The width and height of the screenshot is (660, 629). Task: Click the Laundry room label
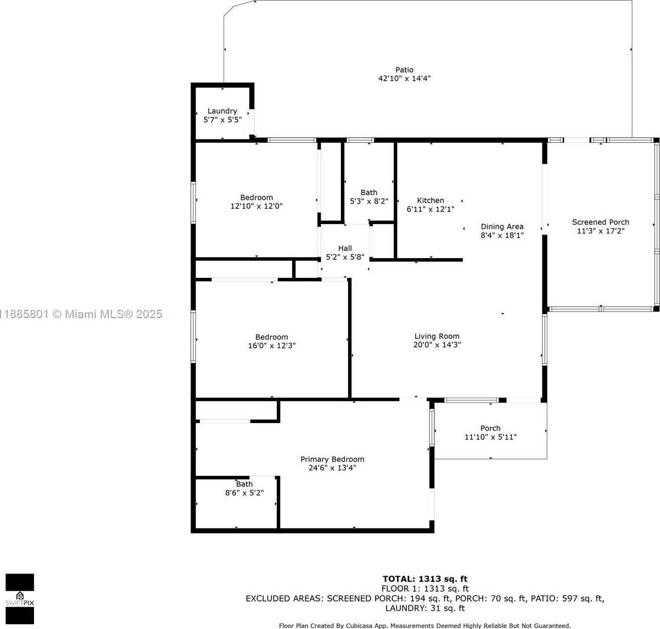point(222,111)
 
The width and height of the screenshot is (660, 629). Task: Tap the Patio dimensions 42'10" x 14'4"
point(404,79)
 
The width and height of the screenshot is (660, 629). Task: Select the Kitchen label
point(430,201)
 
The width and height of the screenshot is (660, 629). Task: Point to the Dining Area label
point(502,227)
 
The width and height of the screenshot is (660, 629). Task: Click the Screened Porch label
point(601,222)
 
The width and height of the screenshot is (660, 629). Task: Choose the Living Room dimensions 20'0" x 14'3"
point(437,345)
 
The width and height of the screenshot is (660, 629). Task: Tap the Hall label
point(345,248)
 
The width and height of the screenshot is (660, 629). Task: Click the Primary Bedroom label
point(332,459)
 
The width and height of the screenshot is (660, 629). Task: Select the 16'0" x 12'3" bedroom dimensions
point(272,346)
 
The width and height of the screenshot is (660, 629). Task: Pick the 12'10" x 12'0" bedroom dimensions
point(256,206)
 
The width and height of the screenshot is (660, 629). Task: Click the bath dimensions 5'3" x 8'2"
point(369,201)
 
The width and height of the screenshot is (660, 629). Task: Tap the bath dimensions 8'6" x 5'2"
point(244,493)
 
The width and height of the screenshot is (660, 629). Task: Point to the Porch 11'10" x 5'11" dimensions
point(490,437)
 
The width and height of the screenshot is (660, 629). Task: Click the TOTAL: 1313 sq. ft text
point(425,579)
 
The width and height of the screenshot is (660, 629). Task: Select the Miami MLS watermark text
point(81,314)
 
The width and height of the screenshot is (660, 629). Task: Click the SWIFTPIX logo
point(20,599)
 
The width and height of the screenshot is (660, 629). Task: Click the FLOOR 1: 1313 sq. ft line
point(425,589)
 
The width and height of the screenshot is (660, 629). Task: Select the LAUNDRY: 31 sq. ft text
point(425,608)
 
